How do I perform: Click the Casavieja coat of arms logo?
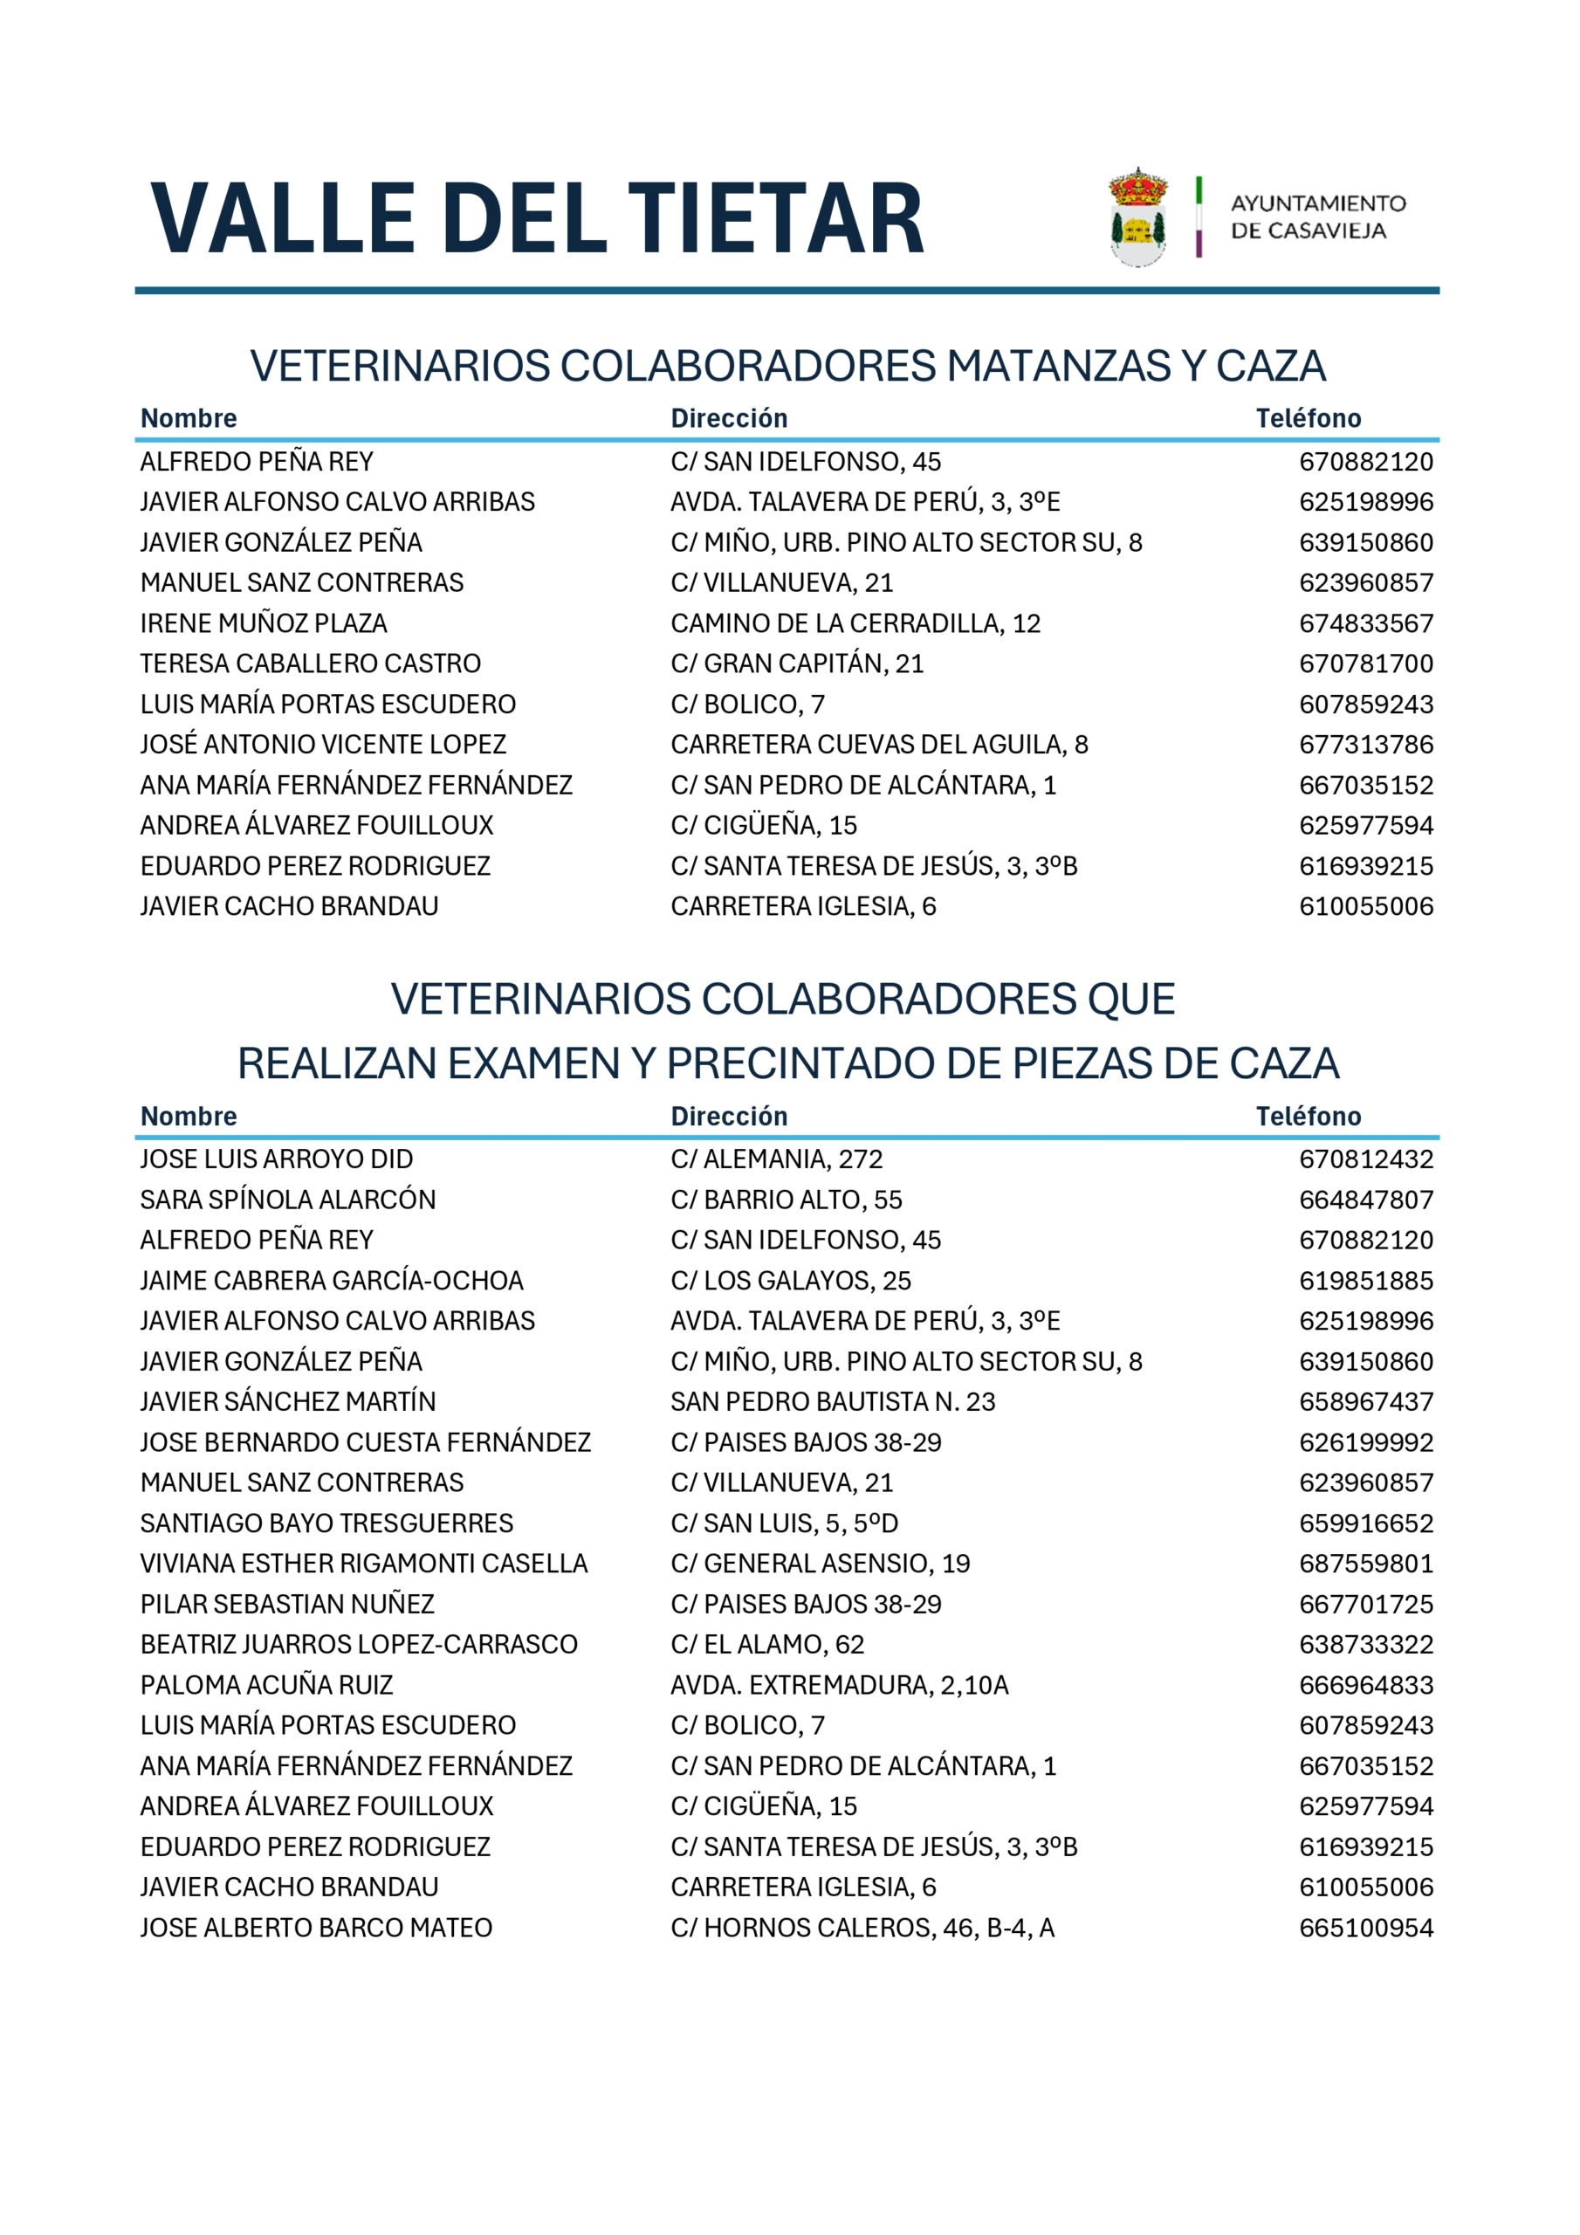pyautogui.click(x=1137, y=217)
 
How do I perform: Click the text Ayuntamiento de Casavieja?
pyautogui.click(x=1317, y=217)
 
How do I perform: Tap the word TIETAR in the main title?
pyautogui.click(x=775, y=219)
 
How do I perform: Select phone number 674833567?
pyautogui.click(x=1366, y=623)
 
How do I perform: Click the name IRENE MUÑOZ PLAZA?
pyautogui.click(x=264, y=623)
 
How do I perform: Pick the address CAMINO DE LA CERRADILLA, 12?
pyautogui.click(x=855, y=623)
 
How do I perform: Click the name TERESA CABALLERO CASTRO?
pyautogui.click(x=311, y=664)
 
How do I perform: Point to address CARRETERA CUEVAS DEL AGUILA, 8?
pyautogui.click(x=879, y=745)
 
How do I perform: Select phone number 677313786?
pyautogui.click(x=1366, y=745)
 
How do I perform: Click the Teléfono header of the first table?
pyautogui.click(x=1308, y=418)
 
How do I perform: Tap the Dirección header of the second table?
pyautogui.click(x=728, y=1117)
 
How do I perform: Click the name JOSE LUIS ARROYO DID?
pyautogui.click(x=277, y=1159)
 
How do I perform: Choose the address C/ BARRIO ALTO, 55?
pyautogui.click(x=786, y=1200)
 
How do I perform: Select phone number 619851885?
pyautogui.click(x=1366, y=1281)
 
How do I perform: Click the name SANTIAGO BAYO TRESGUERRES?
pyautogui.click(x=326, y=1523)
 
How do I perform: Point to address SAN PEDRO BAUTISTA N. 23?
pyautogui.click(x=833, y=1402)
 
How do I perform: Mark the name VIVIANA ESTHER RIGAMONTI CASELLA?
pyautogui.click(x=364, y=1564)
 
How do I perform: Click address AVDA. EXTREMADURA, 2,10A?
pyautogui.click(x=839, y=1685)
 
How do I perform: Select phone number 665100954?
pyautogui.click(x=1366, y=1929)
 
